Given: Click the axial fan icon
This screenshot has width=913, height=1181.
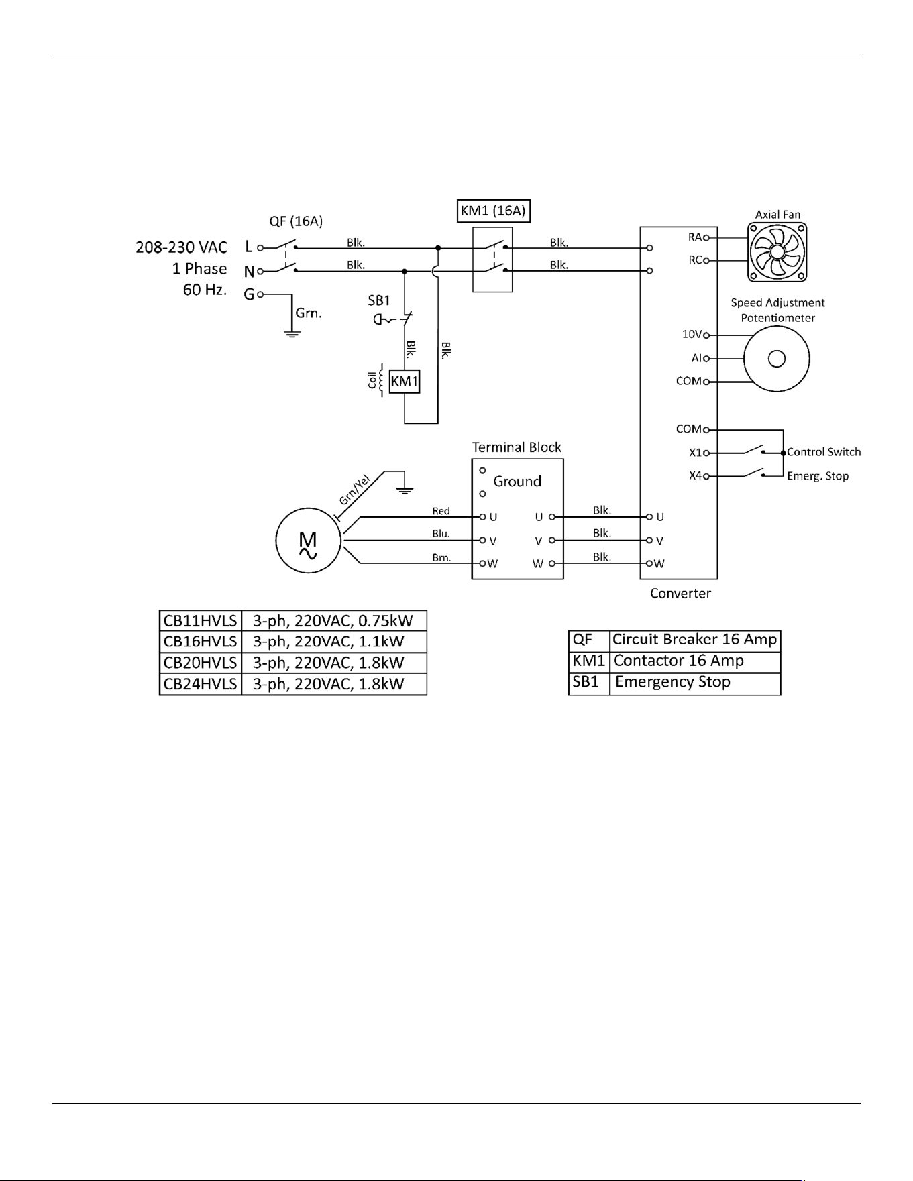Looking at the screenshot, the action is click(777, 252).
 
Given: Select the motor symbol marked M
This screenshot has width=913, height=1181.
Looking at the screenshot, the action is click(308, 541).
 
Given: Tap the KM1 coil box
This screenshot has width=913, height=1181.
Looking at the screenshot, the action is click(405, 382).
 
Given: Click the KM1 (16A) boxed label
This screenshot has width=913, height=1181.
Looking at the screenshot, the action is click(493, 211).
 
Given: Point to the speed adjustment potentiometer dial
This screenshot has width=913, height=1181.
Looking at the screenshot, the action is click(777, 359).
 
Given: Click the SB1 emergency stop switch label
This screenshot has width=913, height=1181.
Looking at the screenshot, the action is click(379, 301).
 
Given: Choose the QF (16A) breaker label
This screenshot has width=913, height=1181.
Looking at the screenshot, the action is click(296, 221).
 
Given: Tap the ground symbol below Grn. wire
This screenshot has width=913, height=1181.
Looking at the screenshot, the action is click(292, 333).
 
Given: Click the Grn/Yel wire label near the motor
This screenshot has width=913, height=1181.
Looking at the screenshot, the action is click(354, 490).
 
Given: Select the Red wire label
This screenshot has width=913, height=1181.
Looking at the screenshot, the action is click(441, 511).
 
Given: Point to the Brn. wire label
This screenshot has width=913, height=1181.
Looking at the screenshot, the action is click(441, 557).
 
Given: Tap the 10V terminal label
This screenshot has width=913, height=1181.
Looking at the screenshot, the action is click(692, 334).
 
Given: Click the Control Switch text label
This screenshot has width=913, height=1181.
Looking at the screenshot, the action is click(824, 452).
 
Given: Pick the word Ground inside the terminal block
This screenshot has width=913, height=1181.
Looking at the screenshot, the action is click(517, 482).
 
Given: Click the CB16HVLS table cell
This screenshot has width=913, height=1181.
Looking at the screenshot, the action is click(201, 642).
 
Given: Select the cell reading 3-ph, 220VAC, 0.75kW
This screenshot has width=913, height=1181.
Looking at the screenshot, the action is click(333, 621).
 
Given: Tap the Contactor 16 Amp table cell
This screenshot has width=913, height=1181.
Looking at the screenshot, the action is click(695, 661).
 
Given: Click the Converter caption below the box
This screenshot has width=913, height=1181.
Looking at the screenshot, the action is click(680, 594).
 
